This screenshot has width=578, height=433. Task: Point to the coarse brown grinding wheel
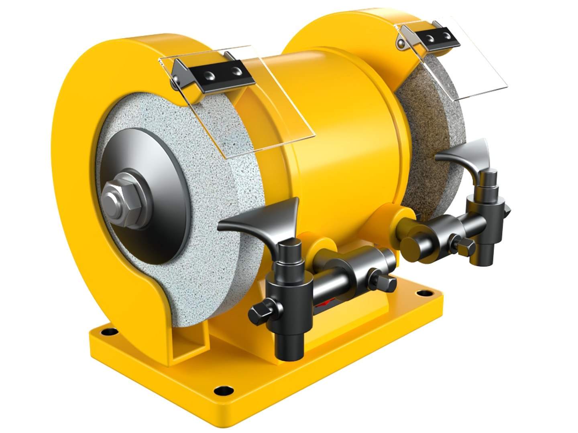coord(425,112)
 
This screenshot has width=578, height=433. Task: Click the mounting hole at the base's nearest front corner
coord(219,389)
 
